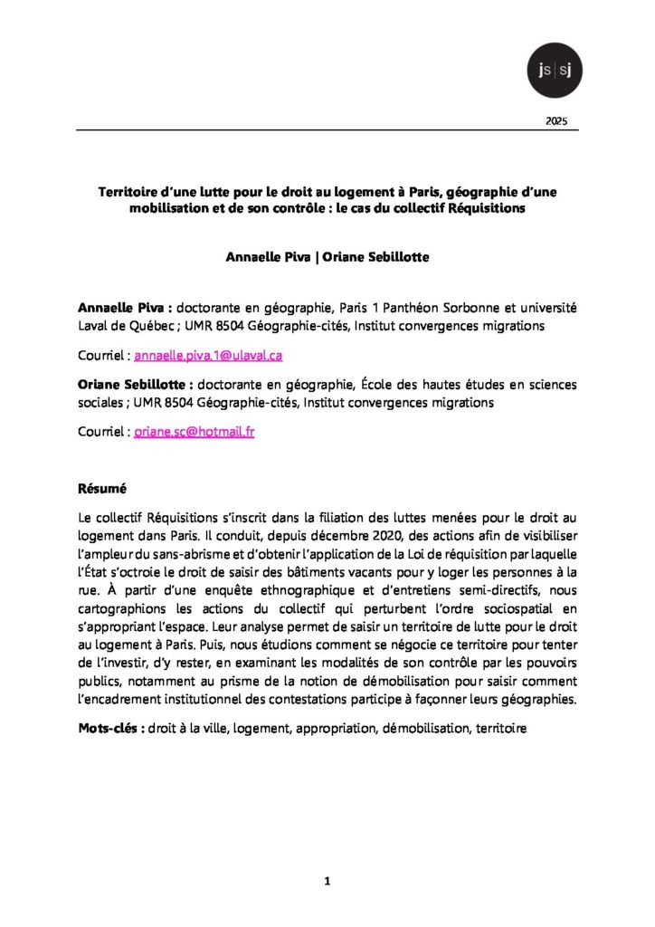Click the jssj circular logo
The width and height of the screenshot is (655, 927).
click(554, 69)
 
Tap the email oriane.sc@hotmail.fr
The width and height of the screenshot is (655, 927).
click(194, 432)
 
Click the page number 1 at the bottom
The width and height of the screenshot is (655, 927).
click(327, 879)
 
